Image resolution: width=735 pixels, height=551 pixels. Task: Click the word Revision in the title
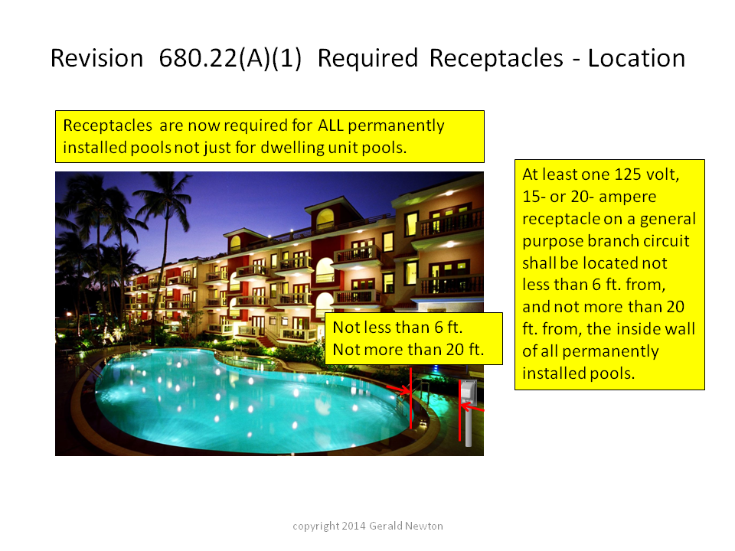(96, 59)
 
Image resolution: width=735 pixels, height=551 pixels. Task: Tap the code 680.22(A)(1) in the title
(230, 59)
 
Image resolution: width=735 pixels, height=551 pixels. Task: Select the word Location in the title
(636, 59)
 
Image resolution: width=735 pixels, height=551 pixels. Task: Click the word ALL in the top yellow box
(330, 126)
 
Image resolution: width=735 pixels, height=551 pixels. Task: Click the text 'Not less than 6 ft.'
(397, 328)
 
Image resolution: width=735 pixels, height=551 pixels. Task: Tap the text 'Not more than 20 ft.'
(408, 350)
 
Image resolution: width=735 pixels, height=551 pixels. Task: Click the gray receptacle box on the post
(469, 392)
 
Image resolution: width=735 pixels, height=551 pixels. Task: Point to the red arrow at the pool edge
(397, 389)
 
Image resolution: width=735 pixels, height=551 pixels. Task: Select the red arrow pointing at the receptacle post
(473, 408)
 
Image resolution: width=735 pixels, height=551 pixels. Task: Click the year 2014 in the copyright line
(354, 527)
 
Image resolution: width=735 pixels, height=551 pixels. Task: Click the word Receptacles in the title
(496, 59)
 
